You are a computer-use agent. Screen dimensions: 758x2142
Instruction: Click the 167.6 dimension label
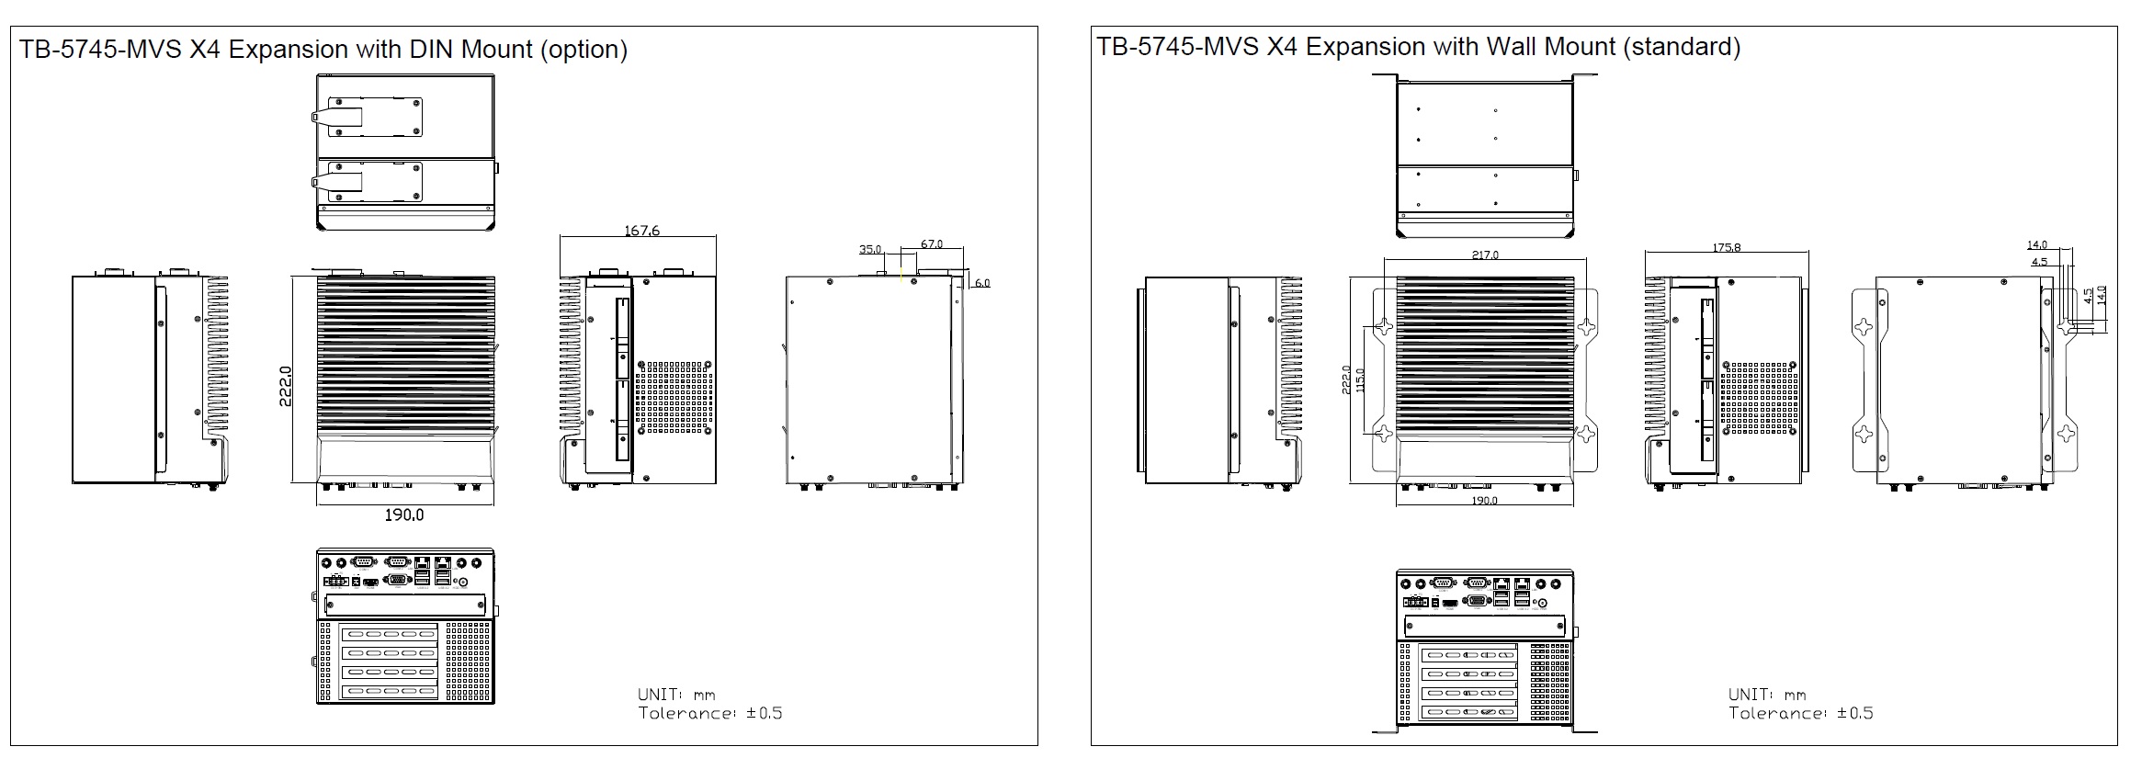click(641, 231)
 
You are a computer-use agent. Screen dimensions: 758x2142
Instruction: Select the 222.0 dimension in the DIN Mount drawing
click(286, 386)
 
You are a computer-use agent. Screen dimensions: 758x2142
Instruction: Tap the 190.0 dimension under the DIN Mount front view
click(404, 515)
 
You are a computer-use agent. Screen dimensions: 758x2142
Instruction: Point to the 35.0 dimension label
click(869, 249)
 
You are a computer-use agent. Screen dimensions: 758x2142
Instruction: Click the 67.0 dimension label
click(931, 244)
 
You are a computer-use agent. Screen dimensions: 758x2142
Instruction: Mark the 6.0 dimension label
click(981, 283)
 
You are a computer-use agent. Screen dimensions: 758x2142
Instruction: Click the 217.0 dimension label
click(1484, 255)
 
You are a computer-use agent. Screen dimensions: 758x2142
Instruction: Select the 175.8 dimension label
click(1726, 247)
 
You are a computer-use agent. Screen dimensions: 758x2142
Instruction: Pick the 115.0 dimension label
click(1360, 380)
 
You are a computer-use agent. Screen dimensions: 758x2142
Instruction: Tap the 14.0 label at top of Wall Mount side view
click(2036, 244)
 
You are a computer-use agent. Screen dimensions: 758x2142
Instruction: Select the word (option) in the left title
click(584, 49)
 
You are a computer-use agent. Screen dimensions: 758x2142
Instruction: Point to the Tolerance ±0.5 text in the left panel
click(710, 713)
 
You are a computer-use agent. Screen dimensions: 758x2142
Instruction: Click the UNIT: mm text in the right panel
click(1766, 695)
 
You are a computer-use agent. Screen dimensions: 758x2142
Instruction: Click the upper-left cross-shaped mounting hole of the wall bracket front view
click(1384, 326)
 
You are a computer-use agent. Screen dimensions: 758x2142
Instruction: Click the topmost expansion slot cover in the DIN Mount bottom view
click(389, 633)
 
